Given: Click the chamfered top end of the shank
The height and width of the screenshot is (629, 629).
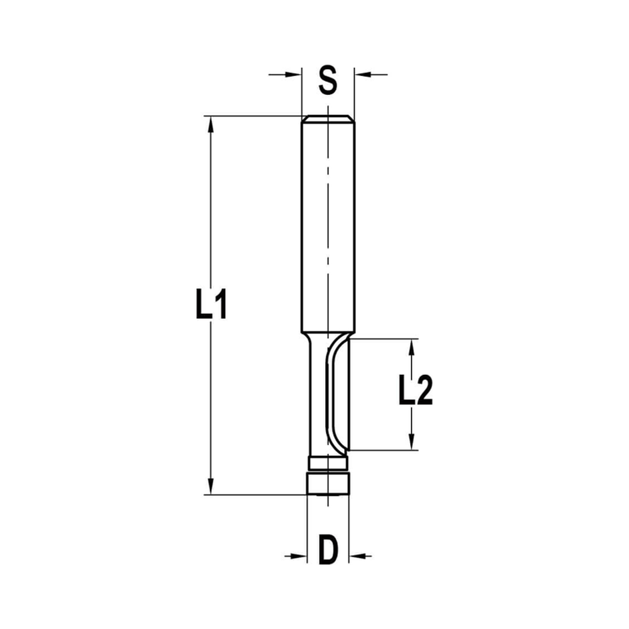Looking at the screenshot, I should point(327,119).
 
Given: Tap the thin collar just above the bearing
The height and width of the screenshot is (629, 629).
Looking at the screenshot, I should point(327,464).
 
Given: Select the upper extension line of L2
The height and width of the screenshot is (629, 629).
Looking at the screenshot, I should point(384,339).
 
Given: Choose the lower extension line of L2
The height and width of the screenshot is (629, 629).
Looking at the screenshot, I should point(384,450).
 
